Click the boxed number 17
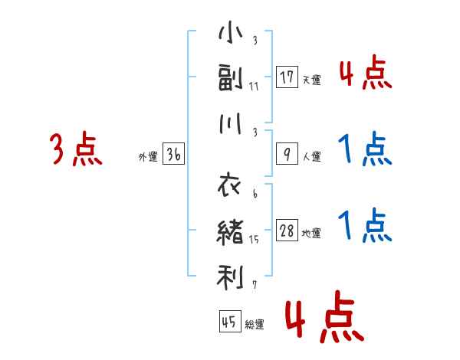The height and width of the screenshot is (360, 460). coord(287,77)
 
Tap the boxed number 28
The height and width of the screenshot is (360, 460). coord(287,231)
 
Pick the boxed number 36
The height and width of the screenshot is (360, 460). coord(173,154)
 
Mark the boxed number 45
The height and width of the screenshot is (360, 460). coord(228,321)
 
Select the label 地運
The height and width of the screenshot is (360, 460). coord(311,234)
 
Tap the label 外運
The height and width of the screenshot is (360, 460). coord(147,157)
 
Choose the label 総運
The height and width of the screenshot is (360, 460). coord(254,324)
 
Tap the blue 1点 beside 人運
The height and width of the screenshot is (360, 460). coord(365,149)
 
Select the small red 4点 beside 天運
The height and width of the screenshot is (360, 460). coord(365,74)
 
